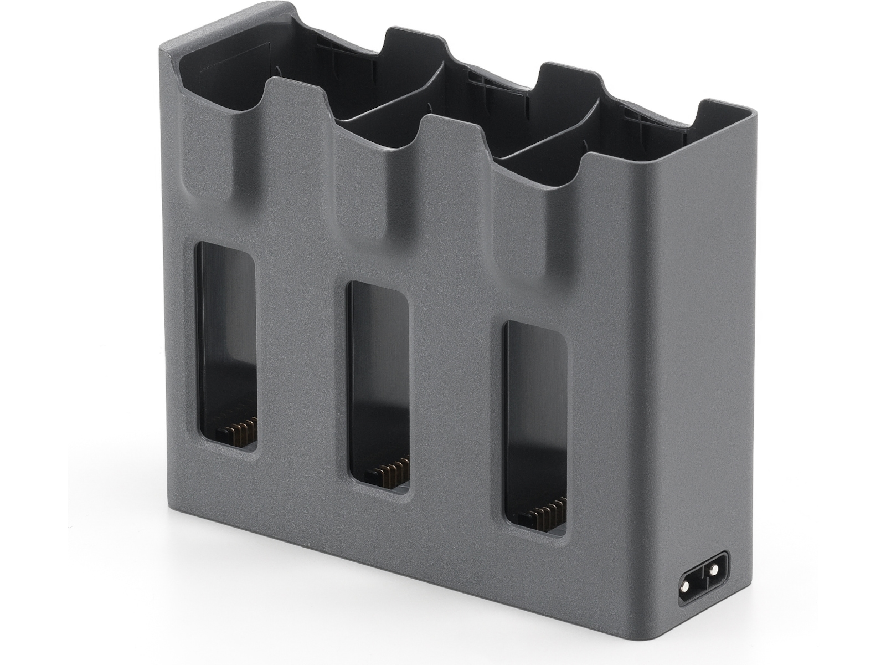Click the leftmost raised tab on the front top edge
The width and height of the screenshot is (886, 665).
pos(296,100)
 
